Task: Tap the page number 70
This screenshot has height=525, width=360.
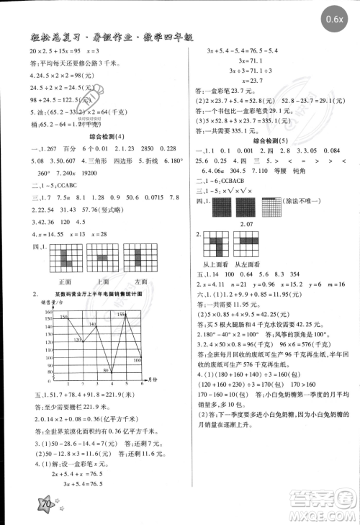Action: (47, 505)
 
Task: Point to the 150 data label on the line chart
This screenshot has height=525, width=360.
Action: (64, 315)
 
